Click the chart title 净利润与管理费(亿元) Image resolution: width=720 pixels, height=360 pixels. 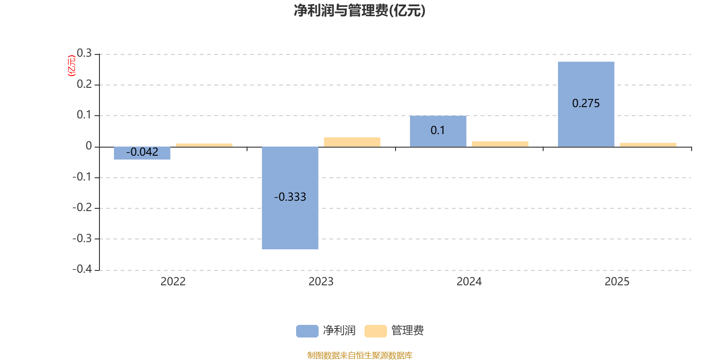click(x=360, y=11)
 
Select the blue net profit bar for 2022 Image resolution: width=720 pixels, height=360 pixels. click(x=142, y=153)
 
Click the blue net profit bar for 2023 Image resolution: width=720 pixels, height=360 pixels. click(x=290, y=198)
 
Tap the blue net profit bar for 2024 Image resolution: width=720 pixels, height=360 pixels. click(x=438, y=131)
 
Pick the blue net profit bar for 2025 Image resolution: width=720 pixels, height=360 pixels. click(x=586, y=104)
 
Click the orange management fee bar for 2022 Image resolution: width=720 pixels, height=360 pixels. click(x=204, y=145)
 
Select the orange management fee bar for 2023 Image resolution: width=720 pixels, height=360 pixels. click(x=352, y=142)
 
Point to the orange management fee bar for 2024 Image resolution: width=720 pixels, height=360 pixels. click(x=500, y=144)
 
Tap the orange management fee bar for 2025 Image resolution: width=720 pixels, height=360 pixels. click(x=648, y=145)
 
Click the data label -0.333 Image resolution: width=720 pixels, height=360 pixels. click(x=290, y=197)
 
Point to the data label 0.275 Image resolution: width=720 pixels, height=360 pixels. click(x=586, y=103)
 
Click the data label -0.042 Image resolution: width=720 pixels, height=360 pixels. click(x=142, y=152)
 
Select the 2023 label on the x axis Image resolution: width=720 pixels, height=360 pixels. click(x=321, y=282)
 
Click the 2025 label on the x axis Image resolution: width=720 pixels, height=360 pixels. click(x=617, y=282)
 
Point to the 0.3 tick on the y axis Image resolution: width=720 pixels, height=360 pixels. click(x=84, y=53)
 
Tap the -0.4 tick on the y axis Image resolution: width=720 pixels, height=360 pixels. click(x=82, y=269)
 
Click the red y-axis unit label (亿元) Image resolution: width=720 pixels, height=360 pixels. click(x=72, y=66)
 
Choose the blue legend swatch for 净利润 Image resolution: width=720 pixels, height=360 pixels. click(x=307, y=331)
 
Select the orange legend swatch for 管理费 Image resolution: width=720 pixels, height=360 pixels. click(x=376, y=331)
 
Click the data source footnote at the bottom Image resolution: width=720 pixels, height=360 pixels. click(x=360, y=355)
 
